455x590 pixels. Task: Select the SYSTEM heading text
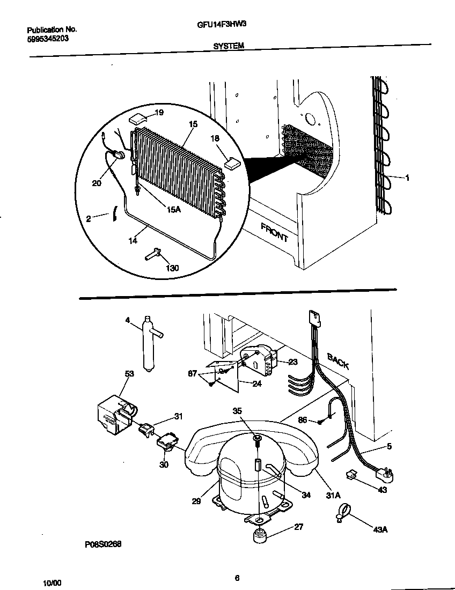pyautogui.click(x=229, y=46)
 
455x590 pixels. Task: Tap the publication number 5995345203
pyautogui.click(x=47, y=39)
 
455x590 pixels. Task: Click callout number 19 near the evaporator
pyautogui.click(x=159, y=113)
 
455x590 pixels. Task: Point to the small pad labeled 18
pyautogui.click(x=231, y=163)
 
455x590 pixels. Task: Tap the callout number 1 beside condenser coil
pyautogui.click(x=407, y=178)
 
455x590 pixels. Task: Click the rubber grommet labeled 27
pyautogui.click(x=260, y=535)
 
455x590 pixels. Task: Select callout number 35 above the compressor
pyautogui.click(x=238, y=411)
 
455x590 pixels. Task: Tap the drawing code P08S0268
pyautogui.click(x=103, y=543)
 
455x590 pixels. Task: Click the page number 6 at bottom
pyautogui.click(x=237, y=578)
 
